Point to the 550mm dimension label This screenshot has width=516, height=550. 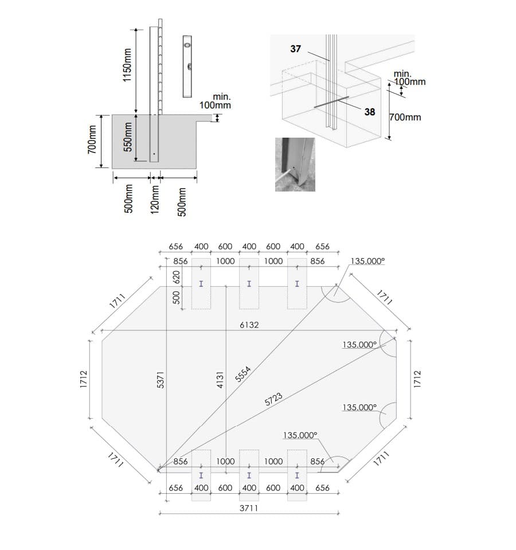pyautogui.click(x=128, y=138)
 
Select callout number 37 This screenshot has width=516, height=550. pyautogui.click(x=295, y=49)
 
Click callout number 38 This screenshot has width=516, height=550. pyautogui.click(x=370, y=112)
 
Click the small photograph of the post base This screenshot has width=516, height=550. pyautogui.click(x=295, y=164)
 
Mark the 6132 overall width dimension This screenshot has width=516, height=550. pyautogui.click(x=249, y=325)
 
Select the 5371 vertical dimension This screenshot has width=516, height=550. pyautogui.click(x=161, y=380)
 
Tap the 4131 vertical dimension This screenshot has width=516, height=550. pyautogui.click(x=220, y=380)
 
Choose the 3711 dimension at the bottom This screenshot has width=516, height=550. pyautogui.click(x=248, y=508)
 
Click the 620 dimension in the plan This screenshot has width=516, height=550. pyautogui.click(x=177, y=277)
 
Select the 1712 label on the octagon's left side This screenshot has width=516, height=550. pyautogui.click(x=84, y=379)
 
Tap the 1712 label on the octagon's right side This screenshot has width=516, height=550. pyautogui.click(x=417, y=379)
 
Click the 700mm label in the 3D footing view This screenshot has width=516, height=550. pyautogui.click(x=405, y=118)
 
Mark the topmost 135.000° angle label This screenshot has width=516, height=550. pyautogui.click(x=368, y=261)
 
